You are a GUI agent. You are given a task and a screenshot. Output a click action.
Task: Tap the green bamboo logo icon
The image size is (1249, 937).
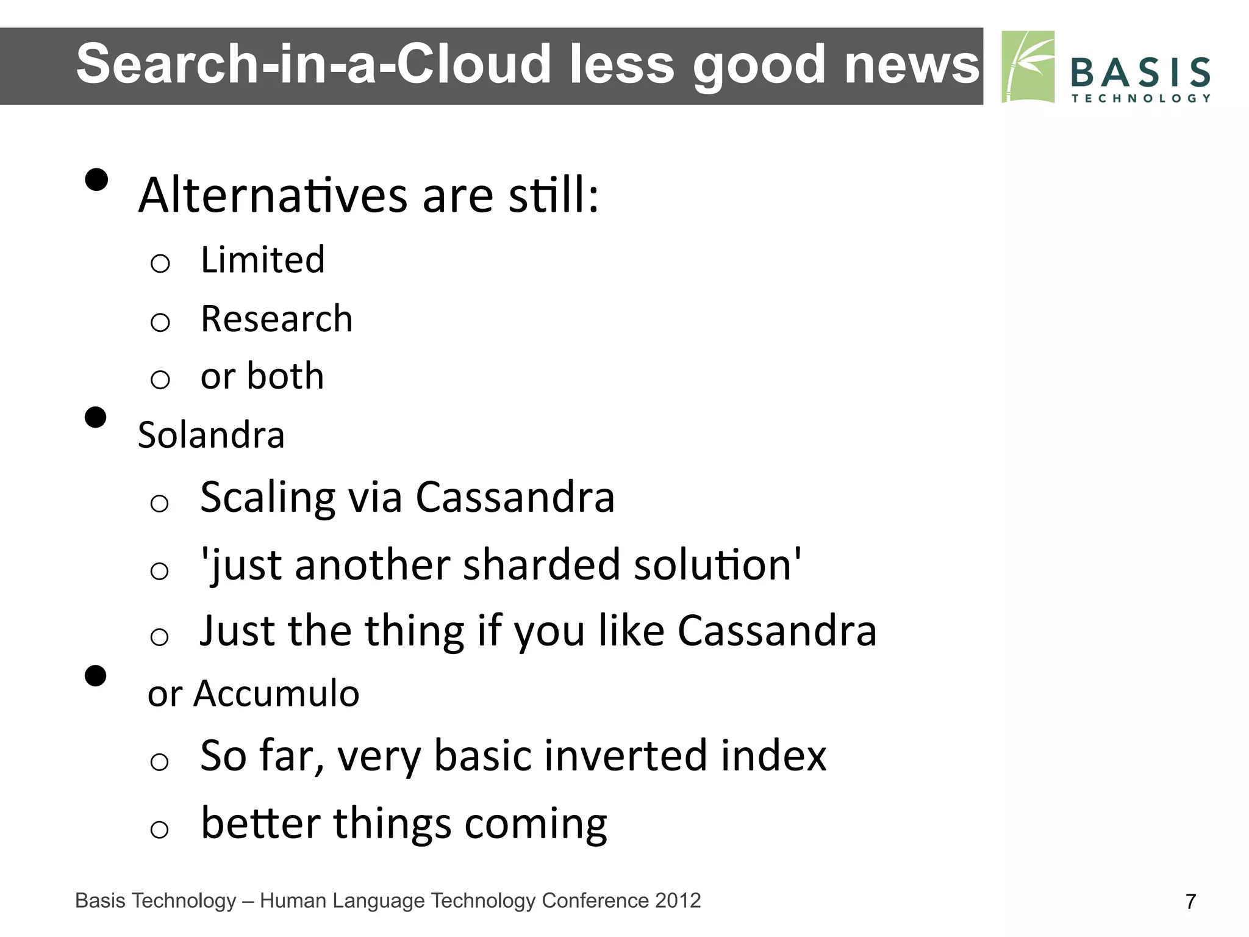click(1028, 67)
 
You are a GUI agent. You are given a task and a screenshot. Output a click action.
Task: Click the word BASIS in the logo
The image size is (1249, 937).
click(1140, 72)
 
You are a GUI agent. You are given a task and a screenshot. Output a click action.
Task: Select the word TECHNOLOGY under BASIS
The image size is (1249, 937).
click(1140, 98)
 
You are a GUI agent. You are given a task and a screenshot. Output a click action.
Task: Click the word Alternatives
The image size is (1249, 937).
click(273, 195)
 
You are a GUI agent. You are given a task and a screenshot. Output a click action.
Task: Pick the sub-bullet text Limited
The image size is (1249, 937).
click(263, 260)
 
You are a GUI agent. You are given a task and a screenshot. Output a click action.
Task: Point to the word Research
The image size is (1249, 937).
click(277, 318)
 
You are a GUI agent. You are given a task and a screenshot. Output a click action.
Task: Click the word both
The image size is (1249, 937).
click(285, 376)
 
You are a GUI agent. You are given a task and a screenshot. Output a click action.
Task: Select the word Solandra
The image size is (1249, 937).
click(211, 435)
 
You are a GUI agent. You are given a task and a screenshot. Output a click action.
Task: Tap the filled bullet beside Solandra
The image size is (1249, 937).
click(96, 418)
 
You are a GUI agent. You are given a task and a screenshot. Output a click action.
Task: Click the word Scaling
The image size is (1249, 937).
click(267, 497)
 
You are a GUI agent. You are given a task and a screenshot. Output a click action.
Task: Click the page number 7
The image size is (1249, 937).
click(1190, 902)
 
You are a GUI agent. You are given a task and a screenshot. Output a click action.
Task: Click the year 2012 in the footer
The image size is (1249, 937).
click(678, 900)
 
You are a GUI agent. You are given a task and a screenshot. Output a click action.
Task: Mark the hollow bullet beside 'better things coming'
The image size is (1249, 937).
click(159, 829)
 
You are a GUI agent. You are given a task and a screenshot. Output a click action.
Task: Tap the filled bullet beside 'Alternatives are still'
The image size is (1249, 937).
click(96, 180)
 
